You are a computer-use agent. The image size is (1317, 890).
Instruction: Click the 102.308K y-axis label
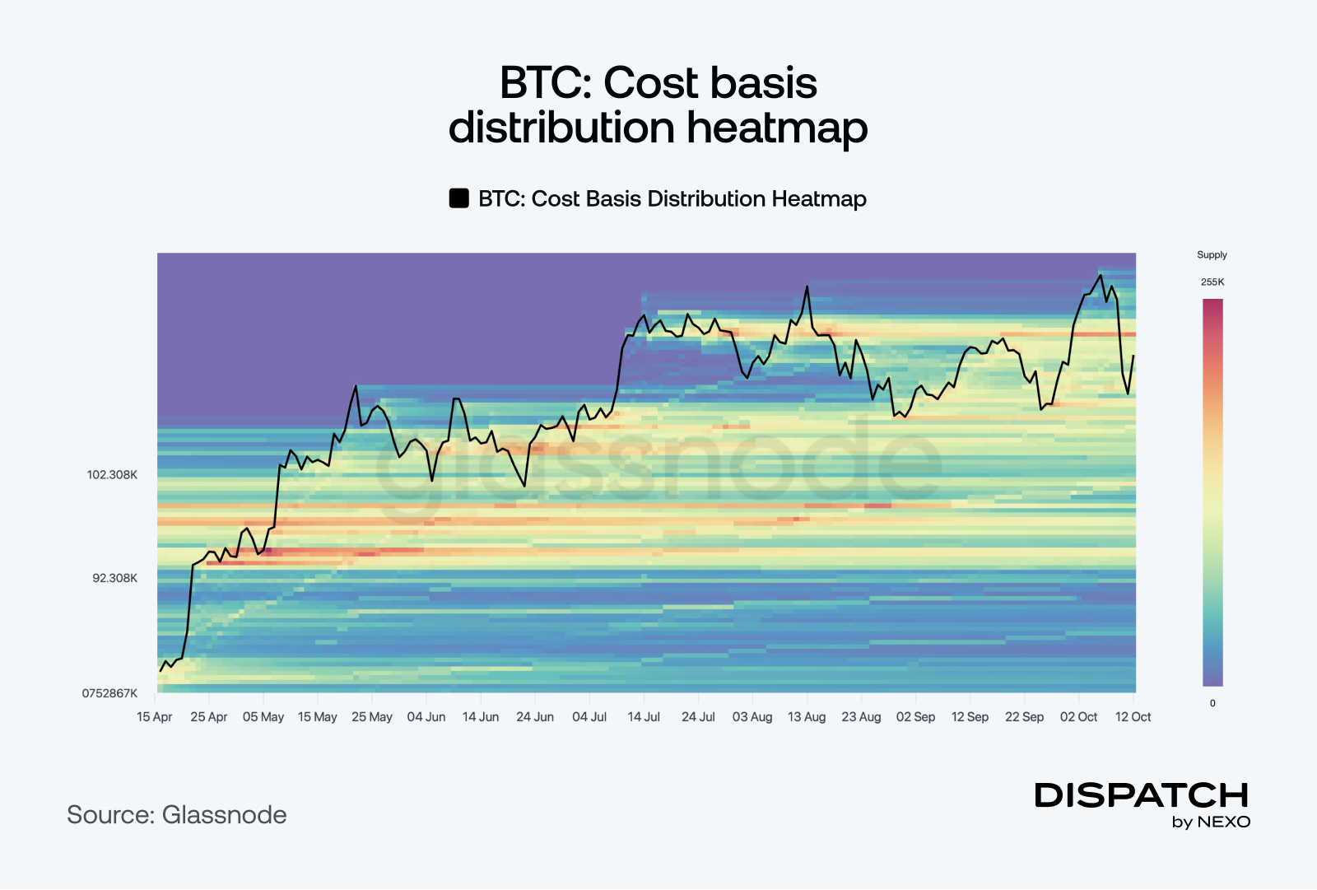pyautogui.click(x=113, y=475)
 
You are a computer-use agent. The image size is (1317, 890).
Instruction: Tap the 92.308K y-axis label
pyautogui.click(x=115, y=578)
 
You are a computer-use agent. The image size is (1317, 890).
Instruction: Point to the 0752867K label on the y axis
pyautogui.click(x=109, y=693)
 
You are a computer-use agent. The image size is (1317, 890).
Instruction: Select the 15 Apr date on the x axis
pyautogui.click(x=155, y=717)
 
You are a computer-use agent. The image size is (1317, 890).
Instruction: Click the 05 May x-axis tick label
pyautogui.click(x=263, y=717)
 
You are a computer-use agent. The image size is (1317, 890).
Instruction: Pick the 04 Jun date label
pyautogui.click(x=426, y=717)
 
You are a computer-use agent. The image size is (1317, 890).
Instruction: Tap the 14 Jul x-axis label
pyautogui.click(x=644, y=717)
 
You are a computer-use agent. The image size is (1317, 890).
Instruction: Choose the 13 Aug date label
pyautogui.click(x=807, y=717)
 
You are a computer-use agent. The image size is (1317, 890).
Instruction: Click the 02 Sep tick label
pyautogui.click(x=915, y=717)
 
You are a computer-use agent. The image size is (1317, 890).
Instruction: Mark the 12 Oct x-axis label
pyautogui.click(x=1133, y=717)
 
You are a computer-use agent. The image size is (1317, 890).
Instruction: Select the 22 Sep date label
pyautogui.click(x=1024, y=717)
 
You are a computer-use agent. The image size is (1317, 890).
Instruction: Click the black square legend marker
pyautogui.click(x=458, y=198)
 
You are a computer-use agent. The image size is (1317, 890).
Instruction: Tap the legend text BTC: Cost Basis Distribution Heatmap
pyautogui.click(x=672, y=199)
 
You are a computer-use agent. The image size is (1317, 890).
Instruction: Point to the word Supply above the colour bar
pyautogui.click(x=1212, y=255)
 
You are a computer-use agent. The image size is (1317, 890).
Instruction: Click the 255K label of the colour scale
pyautogui.click(x=1212, y=282)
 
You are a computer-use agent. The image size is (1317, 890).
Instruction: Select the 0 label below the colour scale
pyautogui.click(x=1212, y=703)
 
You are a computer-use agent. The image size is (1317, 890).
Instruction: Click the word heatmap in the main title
pyautogui.click(x=777, y=128)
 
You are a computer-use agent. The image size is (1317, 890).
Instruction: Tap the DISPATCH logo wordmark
pyautogui.click(x=1142, y=795)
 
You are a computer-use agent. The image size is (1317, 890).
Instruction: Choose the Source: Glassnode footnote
pyautogui.click(x=177, y=815)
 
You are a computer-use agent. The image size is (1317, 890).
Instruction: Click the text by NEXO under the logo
pyautogui.click(x=1211, y=822)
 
